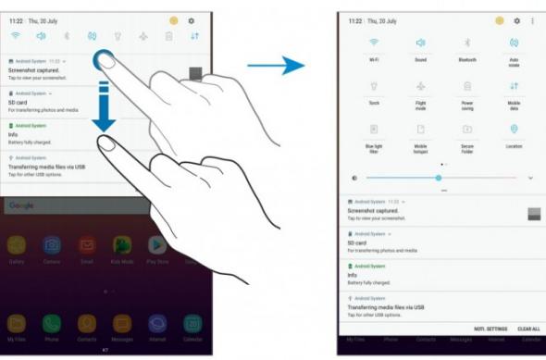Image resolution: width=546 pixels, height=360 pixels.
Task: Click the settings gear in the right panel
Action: pyautogui.click(x=517, y=20)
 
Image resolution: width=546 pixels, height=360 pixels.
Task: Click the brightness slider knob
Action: pyautogui.click(x=439, y=178)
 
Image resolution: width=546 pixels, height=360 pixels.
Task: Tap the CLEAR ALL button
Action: pyautogui.click(x=528, y=329)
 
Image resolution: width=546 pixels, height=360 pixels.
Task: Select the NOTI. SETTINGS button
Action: pyautogui.click(x=490, y=329)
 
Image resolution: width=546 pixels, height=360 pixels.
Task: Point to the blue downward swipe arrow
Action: pyautogui.click(x=104, y=106)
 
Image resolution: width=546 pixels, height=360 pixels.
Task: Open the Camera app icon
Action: pyautogui.click(x=52, y=245)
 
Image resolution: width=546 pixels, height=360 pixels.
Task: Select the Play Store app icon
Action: pyautogui.click(x=157, y=245)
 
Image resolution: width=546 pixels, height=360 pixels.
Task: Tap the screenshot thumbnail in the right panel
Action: pyautogui.click(x=533, y=213)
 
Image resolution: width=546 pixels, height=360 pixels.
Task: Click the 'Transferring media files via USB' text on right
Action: pyautogui.click(x=385, y=307)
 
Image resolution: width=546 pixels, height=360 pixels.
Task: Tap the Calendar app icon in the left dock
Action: pyautogui.click(x=192, y=323)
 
